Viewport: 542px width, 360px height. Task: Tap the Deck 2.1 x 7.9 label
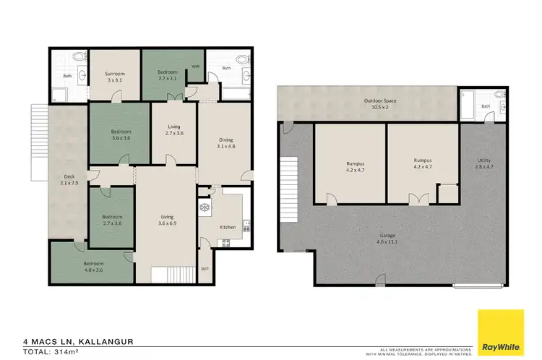point(69,179)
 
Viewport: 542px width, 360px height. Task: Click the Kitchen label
point(228,227)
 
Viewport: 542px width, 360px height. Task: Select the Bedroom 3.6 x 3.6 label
point(120,134)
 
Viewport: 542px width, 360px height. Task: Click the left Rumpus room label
point(353,165)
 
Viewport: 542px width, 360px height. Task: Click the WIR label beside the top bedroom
point(195,67)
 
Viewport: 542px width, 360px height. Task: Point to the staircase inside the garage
point(289,181)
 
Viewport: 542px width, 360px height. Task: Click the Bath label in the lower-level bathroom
point(486,106)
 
